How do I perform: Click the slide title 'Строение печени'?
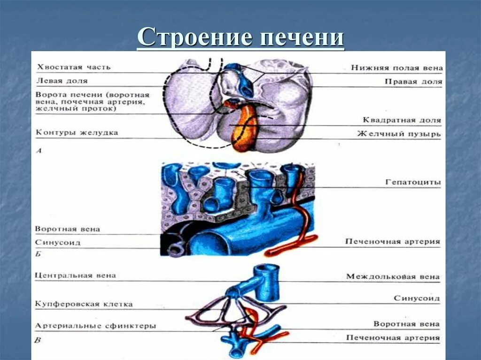pyautogui.click(x=240, y=38)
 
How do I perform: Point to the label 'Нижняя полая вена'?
pyautogui.click(x=396, y=68)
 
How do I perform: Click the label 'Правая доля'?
pyautogui.click(x=413, y=81)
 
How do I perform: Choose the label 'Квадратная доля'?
pyautogui.click(x=402, y=120)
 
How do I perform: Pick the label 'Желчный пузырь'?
pyautogui.click(x=399, y=134)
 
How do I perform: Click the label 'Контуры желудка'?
pyautogui.click(x=77, y=133)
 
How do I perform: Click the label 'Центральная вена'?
pyautogui.click(x=75, y=276)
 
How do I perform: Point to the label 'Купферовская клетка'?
pyautogui.click(x=84, y=304)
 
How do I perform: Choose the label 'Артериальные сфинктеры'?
pyautogui.click(x=95, y=326)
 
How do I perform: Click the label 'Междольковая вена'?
pyautogui.click(x=393, y=276)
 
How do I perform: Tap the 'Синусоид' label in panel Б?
pyautogui.click(x=57, y=243)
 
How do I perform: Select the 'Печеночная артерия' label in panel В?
pyautogui.click(x=393, y=337)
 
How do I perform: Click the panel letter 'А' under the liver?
pyautogui.click(x=38, y=152)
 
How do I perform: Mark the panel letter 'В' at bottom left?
pyautogui.click(x=38, y=340)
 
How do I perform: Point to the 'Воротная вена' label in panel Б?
pyautogui.click(x=67, y=229)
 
